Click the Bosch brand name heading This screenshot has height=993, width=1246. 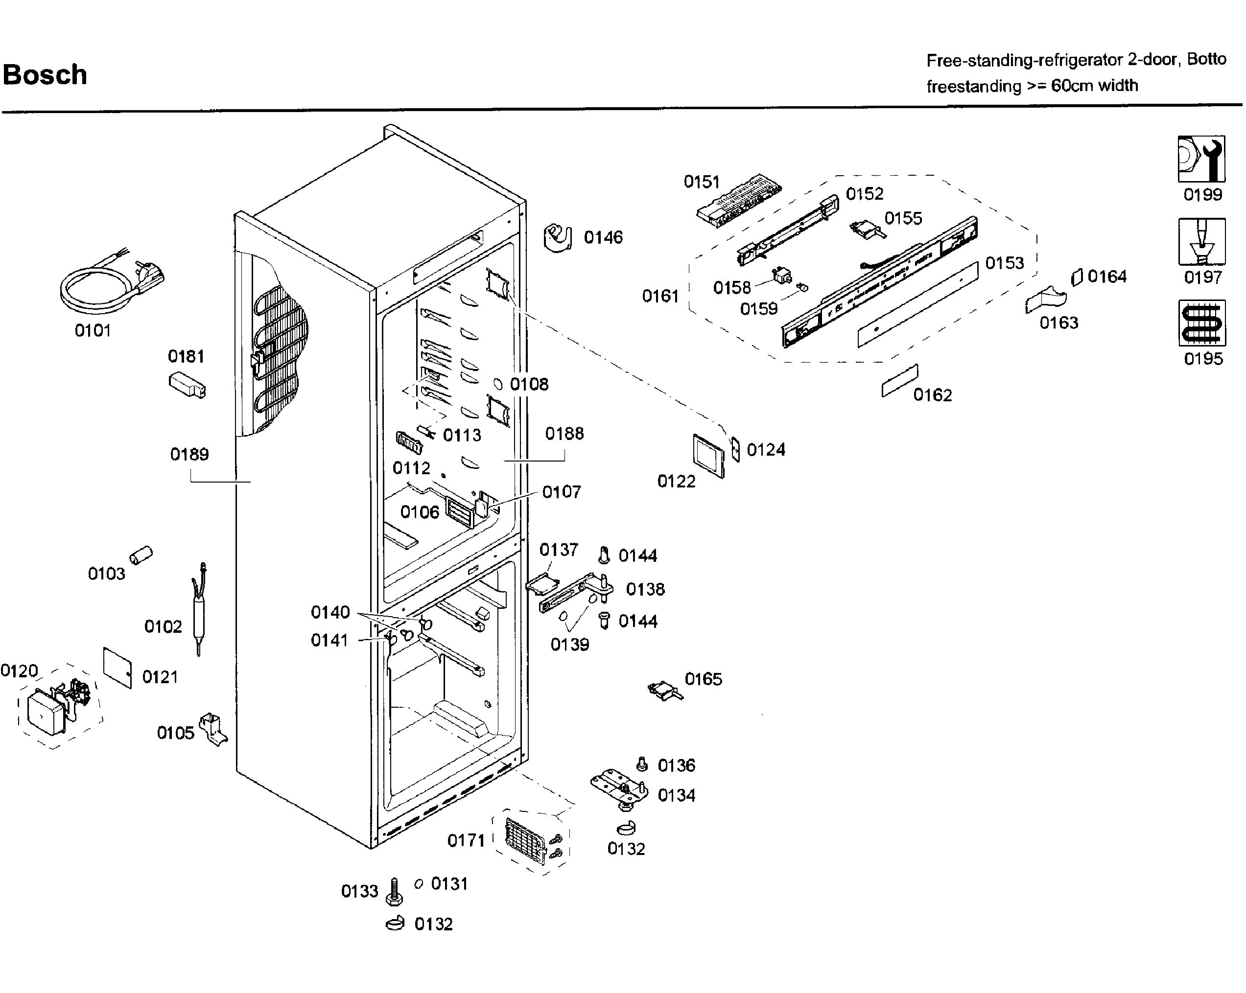pyautogui.click(x=45, y=75)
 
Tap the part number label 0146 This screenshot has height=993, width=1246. pyautogui.click(x=603, y=237)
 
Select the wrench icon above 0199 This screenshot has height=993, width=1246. pyautogui.click(x=1201, y=159)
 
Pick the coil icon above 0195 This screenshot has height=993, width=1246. pyautogui.click(x=1201, y=323)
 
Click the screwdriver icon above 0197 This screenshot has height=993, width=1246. pyautogui.click(x=1201, y=241)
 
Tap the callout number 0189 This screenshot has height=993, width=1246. pyautogui.click(x=189, y=455)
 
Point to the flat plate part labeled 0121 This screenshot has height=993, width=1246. pyautogui.click(x=118, y=667)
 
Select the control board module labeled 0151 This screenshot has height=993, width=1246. pyautogui.click(x=739, y=201)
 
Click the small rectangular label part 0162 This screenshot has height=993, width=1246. pyautogui.click(x=899, y=381)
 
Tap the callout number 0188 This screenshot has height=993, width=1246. pyautogui.click(x=564, y=434)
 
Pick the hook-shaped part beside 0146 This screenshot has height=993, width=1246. pyautogui.click(x=558, y=237)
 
